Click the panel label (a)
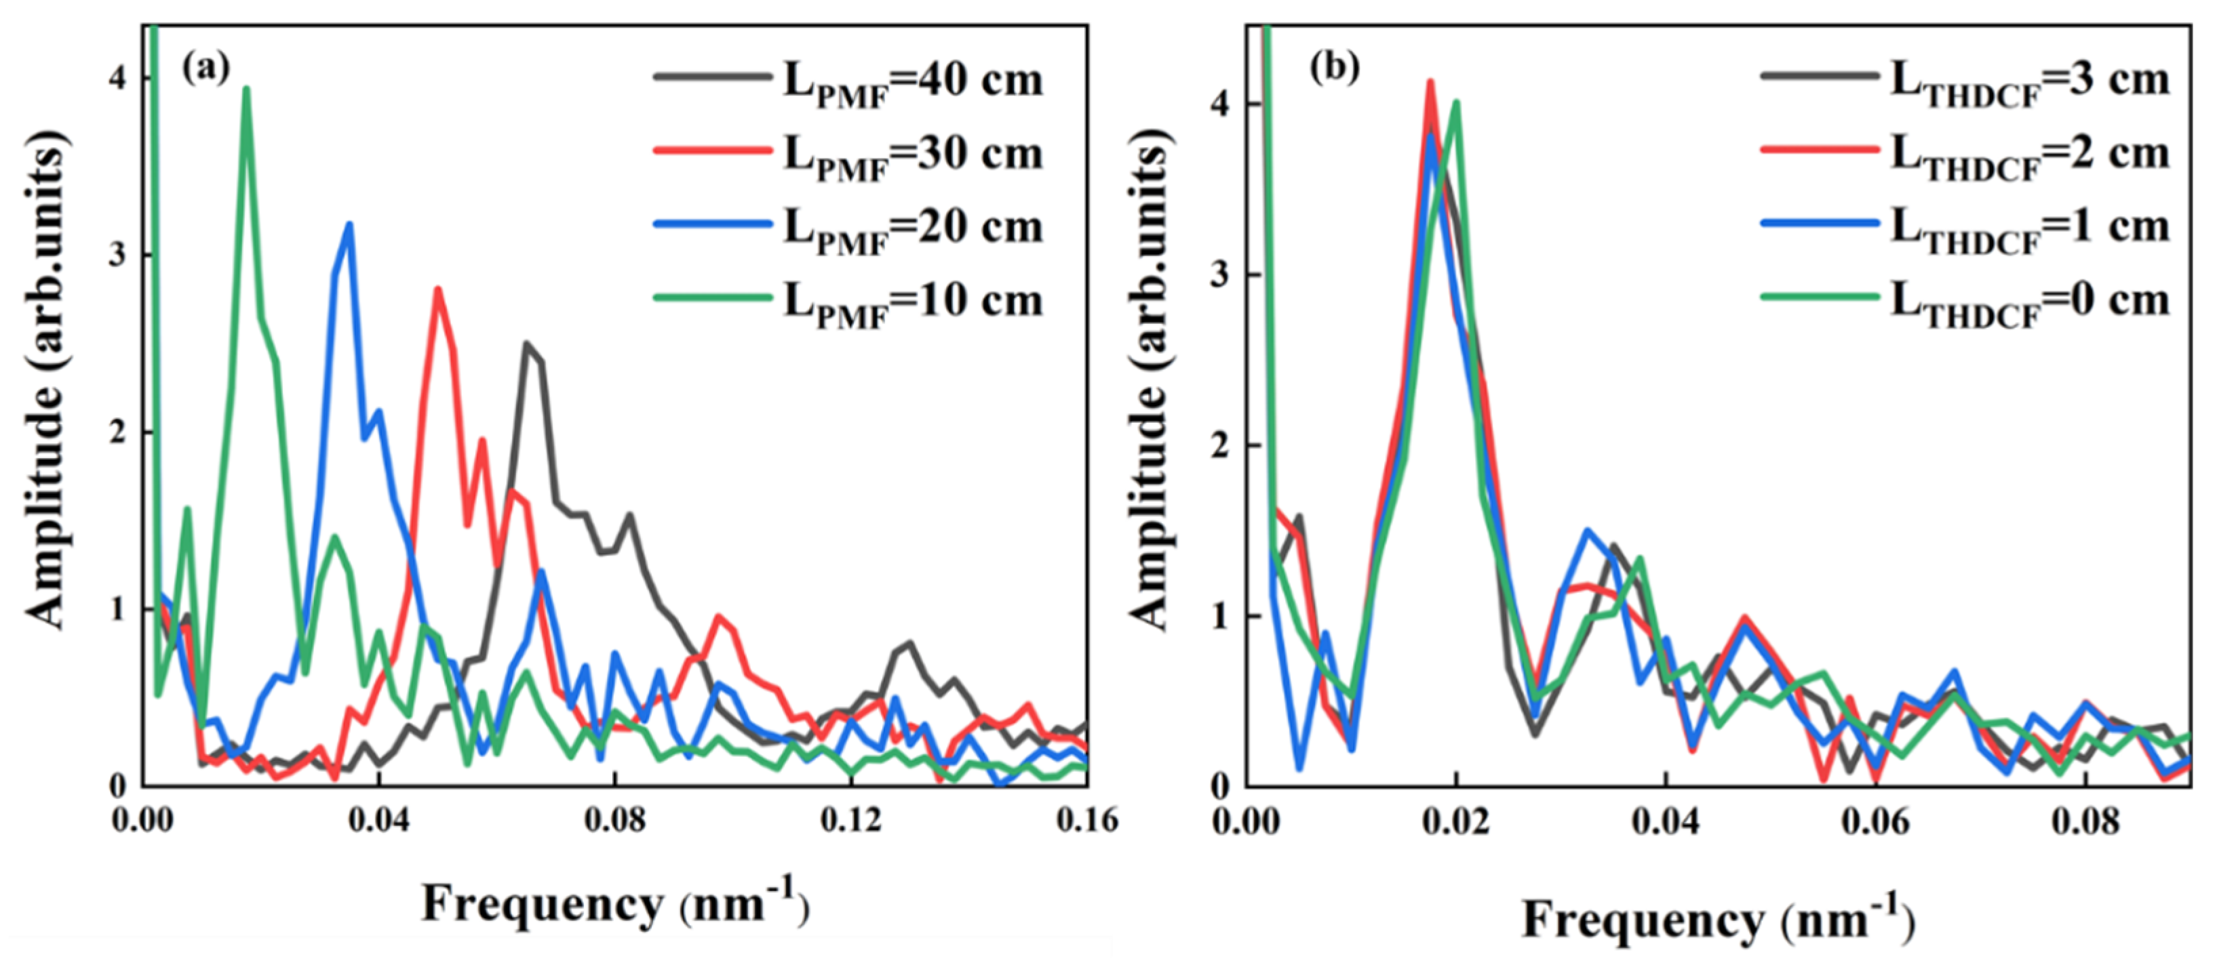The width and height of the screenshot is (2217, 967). [x=205, y=68]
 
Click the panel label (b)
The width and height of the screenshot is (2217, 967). [x=1334, y=68]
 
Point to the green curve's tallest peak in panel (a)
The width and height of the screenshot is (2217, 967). [x=246, y=89]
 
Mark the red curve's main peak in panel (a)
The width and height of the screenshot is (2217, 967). [x=437, y=290]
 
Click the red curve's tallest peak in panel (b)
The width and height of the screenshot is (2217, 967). [x=1430, y=83]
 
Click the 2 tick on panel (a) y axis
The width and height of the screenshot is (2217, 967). [x=118, y=433]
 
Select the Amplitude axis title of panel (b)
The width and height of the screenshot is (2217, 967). [x=1149, y=379]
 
